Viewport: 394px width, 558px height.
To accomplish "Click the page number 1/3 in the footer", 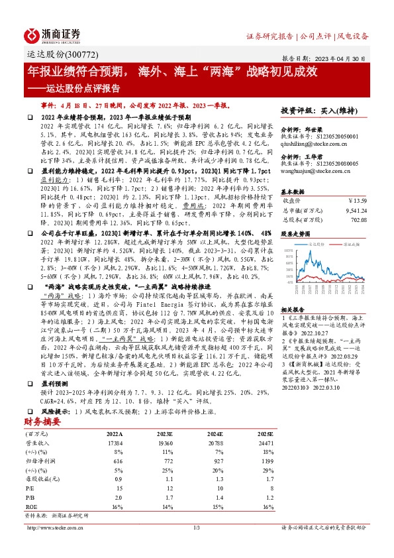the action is coord(197,528).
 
